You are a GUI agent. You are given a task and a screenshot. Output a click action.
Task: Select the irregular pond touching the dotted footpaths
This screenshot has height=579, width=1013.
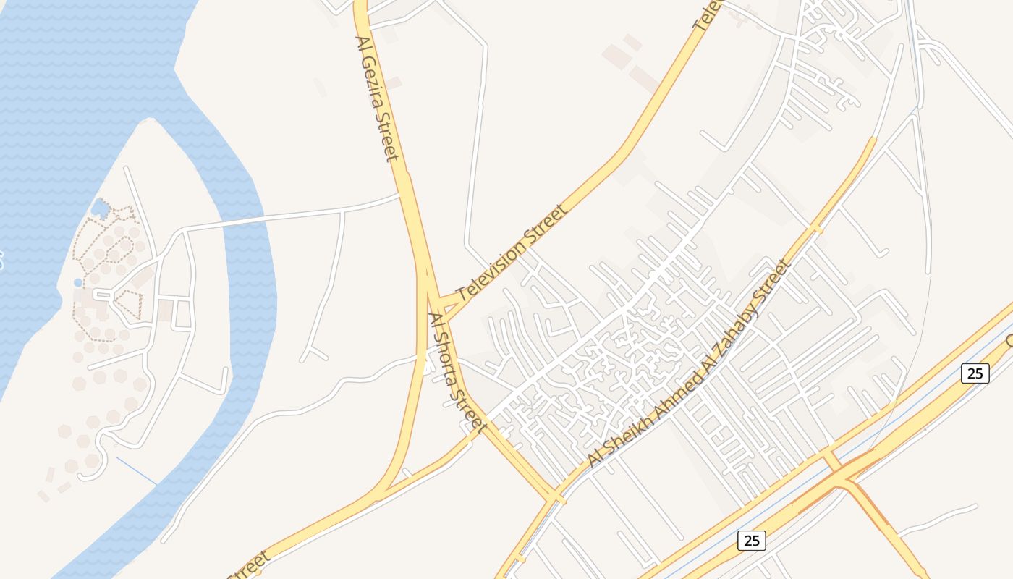pos(100,208)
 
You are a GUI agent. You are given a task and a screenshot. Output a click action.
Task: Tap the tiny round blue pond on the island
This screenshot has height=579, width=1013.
pos(77,282)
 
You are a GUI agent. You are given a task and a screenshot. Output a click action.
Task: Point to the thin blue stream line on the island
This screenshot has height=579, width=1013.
pos(137,471)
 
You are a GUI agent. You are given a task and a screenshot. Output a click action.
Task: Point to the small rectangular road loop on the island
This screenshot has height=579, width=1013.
pos(182,313)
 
